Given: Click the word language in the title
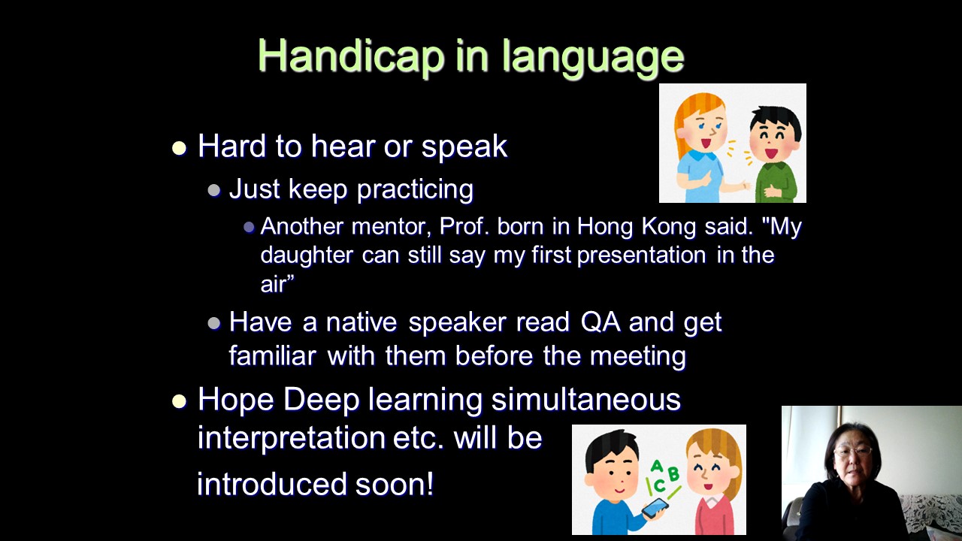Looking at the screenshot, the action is [x=593, y=59].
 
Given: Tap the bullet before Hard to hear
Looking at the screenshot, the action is [x=179, y=148].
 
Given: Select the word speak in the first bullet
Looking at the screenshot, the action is [x=464, y=147].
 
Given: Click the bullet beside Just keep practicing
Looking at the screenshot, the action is [x=214, y=190].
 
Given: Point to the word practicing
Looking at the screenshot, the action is [x=416, y=189].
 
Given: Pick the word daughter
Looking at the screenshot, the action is [x=307, y=255].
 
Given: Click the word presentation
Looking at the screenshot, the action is [x=642, y=255].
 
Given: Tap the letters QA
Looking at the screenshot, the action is [x=600, y=322].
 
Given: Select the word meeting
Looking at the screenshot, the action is [x=638, y=356].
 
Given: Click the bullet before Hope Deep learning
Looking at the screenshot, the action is [x=179, y=401].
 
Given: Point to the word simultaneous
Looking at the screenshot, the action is [x=585, y=399].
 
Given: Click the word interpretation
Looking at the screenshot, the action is [x=291, y=438].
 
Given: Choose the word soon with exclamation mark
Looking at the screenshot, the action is [x=395, y=484].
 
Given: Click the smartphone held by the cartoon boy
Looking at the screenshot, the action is [x=655, y=508].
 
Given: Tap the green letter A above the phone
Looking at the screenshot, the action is [x=656, y=466].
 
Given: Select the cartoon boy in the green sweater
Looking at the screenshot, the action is [x=774, y=155].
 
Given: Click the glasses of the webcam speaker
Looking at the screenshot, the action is [x=853, y=450].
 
